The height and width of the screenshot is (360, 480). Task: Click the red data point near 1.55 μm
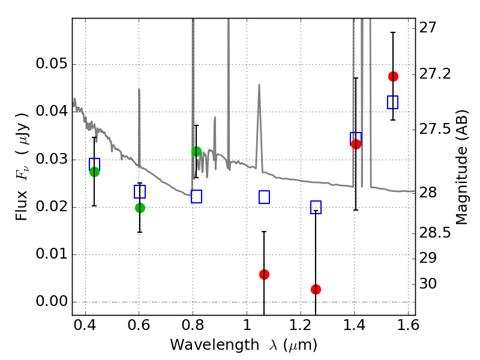pyautogui.click(x=393, y=76)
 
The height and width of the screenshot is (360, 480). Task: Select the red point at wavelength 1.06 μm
pyautogui.click(x=264, y=274)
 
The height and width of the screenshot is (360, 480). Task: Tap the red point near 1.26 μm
pyautogui.click(x=316, y=289)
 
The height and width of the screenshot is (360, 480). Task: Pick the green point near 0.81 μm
pyautogui.click(x=196, y=151)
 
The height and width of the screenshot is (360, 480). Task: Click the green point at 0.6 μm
pyautogui.click(x=140, y=208)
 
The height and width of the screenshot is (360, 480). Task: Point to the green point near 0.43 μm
pyautogui.click(x=94, y=172)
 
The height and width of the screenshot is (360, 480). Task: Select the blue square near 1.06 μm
pyautogui.click(x=264, y=197)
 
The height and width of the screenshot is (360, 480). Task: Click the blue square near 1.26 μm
pyautogui.click(x=316, y=207)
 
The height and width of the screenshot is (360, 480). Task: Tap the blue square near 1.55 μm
pyautogui.click(x=393, y=102)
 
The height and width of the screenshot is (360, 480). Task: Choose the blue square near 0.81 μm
pyautogui.click(x=196, y=196)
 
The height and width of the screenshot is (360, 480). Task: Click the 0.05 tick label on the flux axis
pyautogui.click(x=52, y=65)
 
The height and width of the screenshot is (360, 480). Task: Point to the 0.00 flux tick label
pyautogui.click(x=52, y=302)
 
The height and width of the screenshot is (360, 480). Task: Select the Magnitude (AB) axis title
pyautogui.click(x=461, y=167)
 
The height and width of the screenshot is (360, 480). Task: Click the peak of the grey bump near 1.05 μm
pyautogui.click(x=259, y=85)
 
